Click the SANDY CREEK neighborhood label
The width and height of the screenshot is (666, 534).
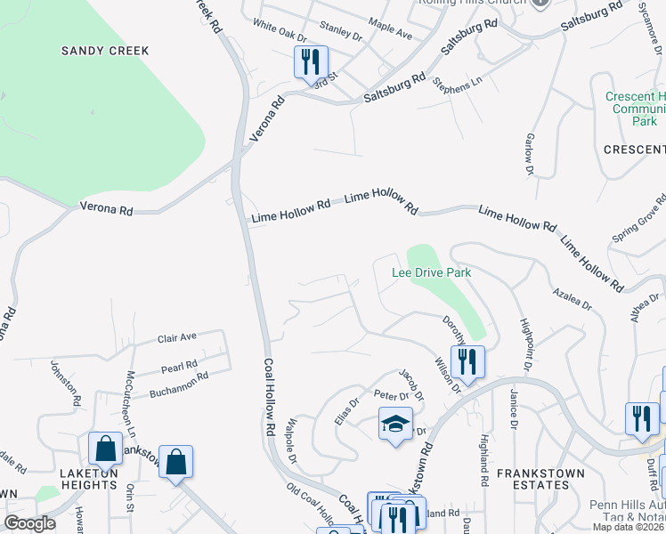pos(105,51)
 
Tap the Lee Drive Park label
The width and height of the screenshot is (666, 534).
pos(431,272)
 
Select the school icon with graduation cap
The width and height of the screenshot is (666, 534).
pos(395,425)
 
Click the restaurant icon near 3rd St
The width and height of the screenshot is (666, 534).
pos(311,62)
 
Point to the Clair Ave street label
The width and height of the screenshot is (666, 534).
pos(176,338)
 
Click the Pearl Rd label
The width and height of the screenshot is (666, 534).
pos(179,366)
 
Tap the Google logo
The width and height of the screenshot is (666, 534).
pos(29,523)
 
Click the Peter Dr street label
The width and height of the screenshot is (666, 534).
pos(391,395)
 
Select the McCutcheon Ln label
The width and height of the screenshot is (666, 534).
pos(131,391)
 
